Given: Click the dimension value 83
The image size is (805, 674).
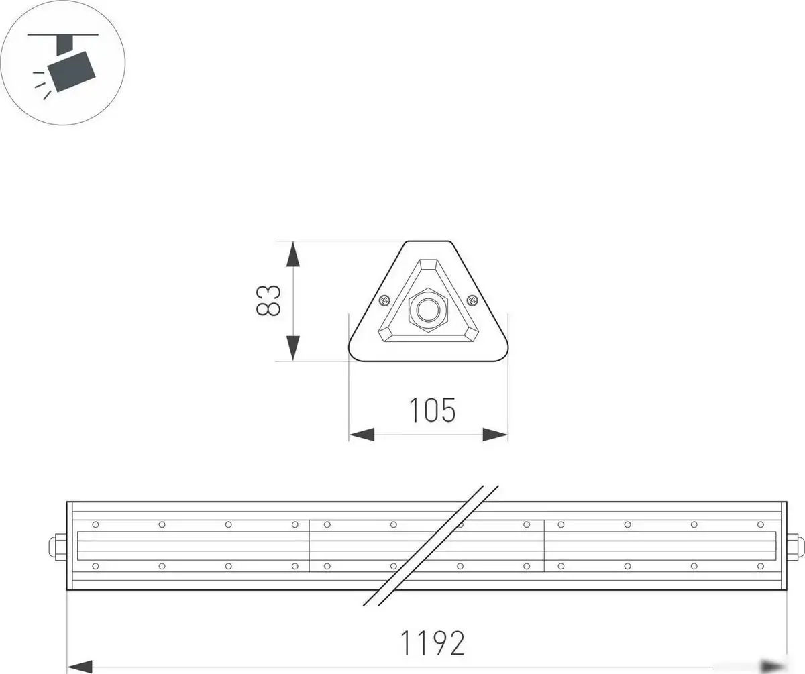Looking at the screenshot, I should pyautogui.click(x=268, y=300).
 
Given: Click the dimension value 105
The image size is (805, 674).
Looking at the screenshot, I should pyautogui.click(x=432, y=410).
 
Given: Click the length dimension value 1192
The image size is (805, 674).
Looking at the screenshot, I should pyautogui.click(x=432, y=643).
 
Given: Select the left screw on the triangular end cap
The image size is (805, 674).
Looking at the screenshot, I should pyautogui.click(x=384, y=300).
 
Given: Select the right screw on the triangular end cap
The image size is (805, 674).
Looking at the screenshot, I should pyautogui.click(x=472, y=300).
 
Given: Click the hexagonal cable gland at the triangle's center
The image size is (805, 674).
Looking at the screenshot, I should pyautogui.click(x=427, y=310).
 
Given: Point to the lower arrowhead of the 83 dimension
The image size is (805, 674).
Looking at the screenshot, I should pyautogui.click(x=292, y=347).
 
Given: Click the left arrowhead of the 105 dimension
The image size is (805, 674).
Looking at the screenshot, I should pyautogui.click(x=361, y=435).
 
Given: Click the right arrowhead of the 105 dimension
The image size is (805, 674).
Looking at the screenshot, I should pyautogui.click(x=496, y=435).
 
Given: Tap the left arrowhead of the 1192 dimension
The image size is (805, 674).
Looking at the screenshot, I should pyautogui.click(x=80, y=666).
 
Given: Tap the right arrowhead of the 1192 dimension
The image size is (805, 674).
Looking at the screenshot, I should pyautogui.click(x=773, y=665).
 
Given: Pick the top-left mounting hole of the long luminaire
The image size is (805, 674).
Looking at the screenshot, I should pyautogui.click(x=96, y=524).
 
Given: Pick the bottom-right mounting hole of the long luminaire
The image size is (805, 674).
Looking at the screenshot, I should pyautogui.click(x=760, y=567).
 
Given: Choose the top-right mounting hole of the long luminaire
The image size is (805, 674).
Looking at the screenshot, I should pyautogui.click(x=760, y=524).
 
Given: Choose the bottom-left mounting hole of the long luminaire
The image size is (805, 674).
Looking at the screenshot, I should pyautogui.click(x=96, y=567).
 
